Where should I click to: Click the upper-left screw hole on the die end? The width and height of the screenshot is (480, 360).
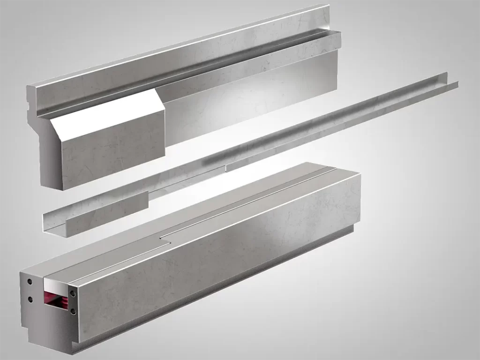coord(30,282)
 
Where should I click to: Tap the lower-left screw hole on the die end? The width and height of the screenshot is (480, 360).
coord(30,299)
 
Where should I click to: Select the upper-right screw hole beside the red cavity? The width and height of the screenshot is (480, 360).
coord(73,293)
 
